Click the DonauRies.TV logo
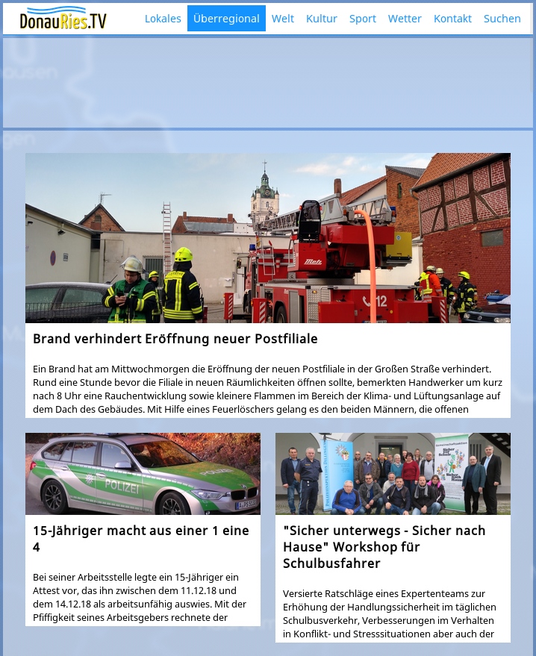click(x=63, y=19)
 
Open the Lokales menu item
click(x=163, y=19)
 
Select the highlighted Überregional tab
click(x=226, y=19)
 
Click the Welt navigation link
click(x=282, y=19)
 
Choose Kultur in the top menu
click(x=322, y=19)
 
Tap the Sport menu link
click(x=363, y=19)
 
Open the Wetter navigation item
click(x=405, y=19)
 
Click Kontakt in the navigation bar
click(x=452, y=19)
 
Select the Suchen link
click(x=502, y=19)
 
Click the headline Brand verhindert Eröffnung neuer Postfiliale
click(x=175, y=339)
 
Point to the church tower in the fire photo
click(x=264, y=196)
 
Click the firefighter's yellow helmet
click(x=184, y=255)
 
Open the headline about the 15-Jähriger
click(x=141, y=538)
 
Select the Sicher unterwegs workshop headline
click(x=384, y=546)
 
